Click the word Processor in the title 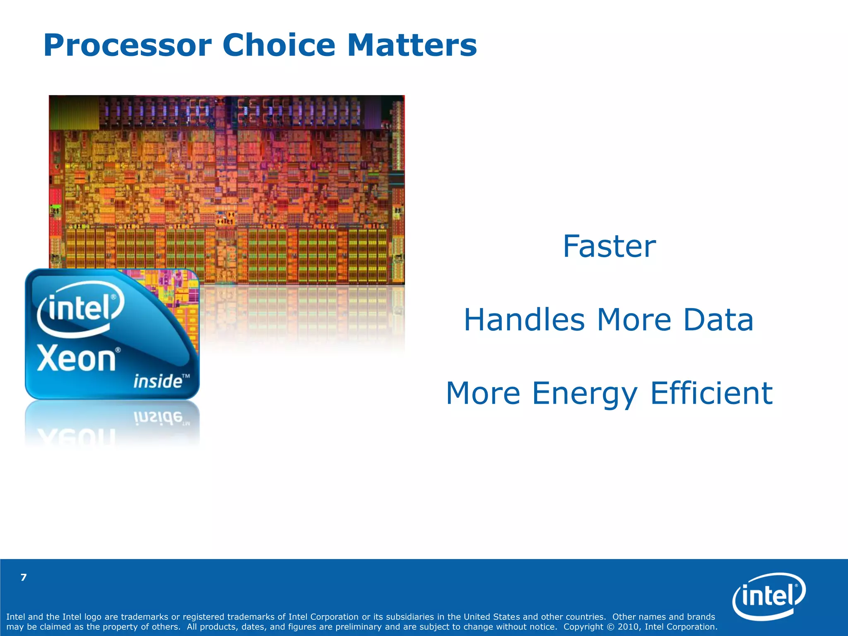128,46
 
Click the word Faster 609,246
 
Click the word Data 718,320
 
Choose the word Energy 584,394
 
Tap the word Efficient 711,393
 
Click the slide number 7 24,578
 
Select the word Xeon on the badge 77,359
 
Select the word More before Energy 483,394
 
